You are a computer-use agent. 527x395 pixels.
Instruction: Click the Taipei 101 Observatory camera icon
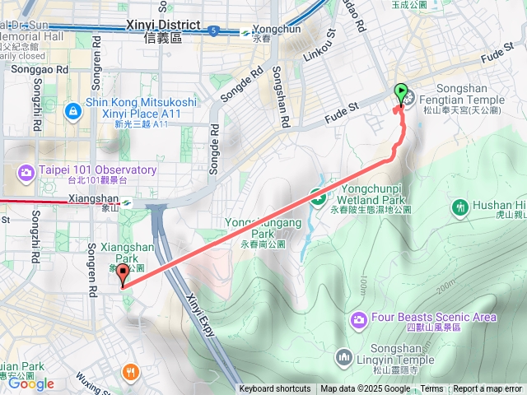(x=26, y=171)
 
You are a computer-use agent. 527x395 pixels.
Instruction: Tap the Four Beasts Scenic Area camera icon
(x=358, y=318)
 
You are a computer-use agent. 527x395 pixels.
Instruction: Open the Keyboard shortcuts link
(x=275, y=389)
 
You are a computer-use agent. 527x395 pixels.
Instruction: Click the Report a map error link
(x=487, y=389)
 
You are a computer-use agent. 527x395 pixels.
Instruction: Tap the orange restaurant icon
(x=131, y=372)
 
